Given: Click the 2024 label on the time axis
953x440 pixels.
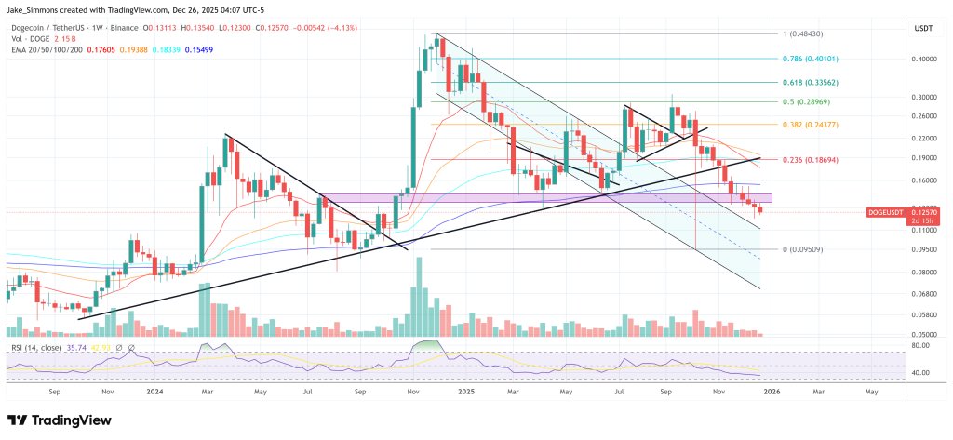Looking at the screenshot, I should (155, 392).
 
